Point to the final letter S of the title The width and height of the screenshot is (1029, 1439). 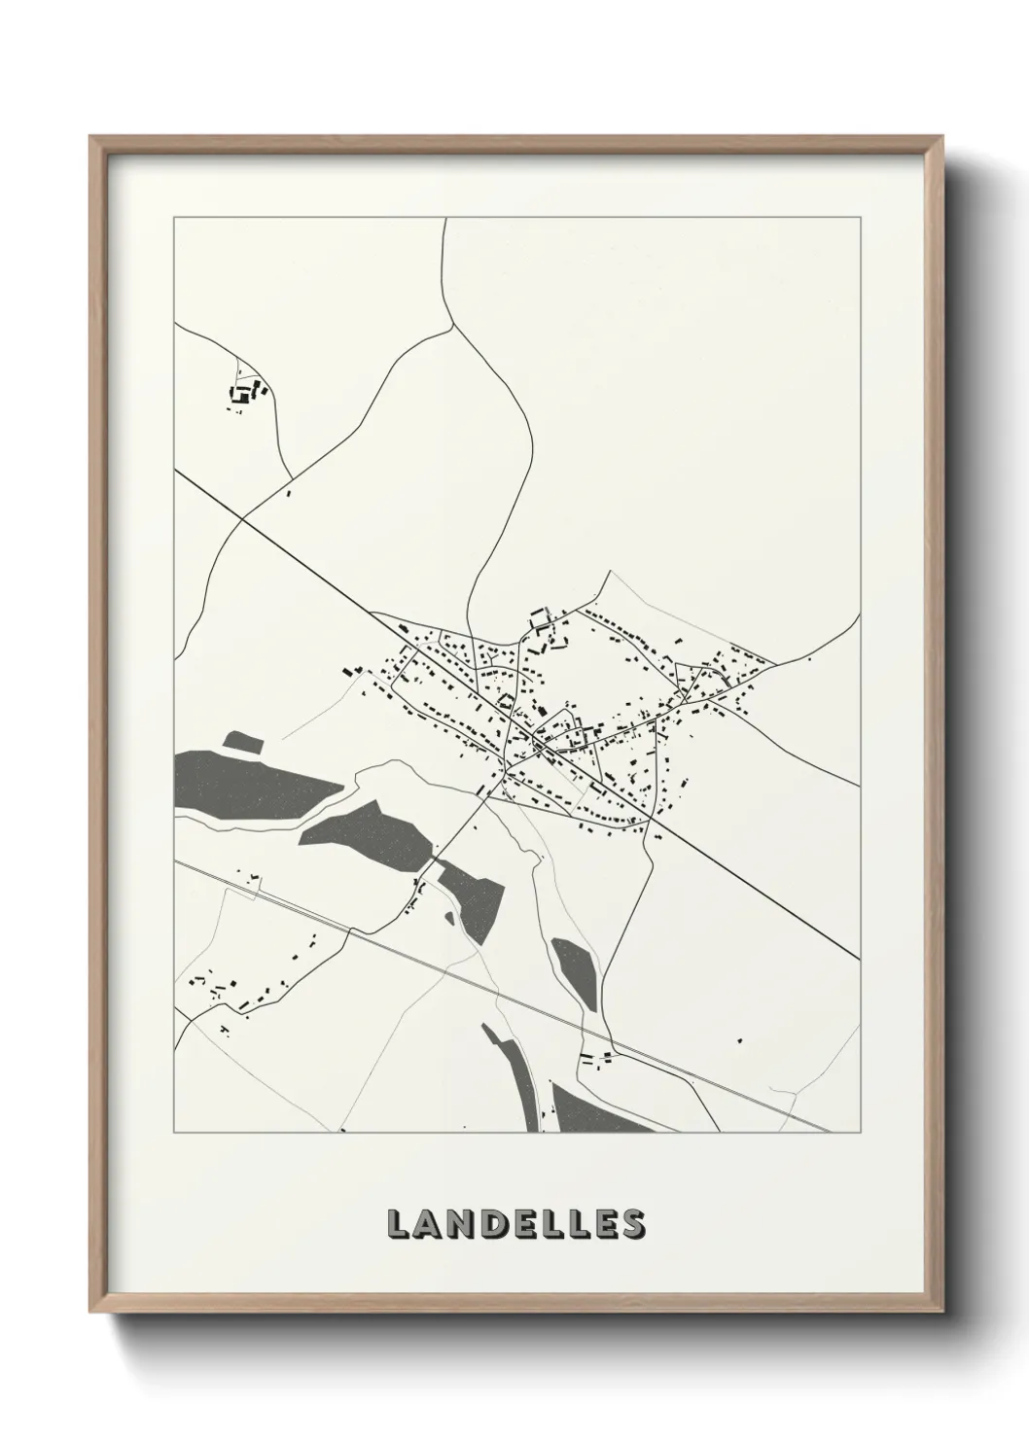(x=631, y=1224)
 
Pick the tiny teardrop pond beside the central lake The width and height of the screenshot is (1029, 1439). (x=449, y=917)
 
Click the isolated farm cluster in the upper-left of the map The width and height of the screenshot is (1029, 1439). (x=246, y=396)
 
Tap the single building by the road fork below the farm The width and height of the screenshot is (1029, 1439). (x=287, y=493)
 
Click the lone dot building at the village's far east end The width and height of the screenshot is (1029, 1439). (x=809, y=659)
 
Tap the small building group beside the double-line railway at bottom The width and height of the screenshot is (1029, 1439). (x=595, y=1059)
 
